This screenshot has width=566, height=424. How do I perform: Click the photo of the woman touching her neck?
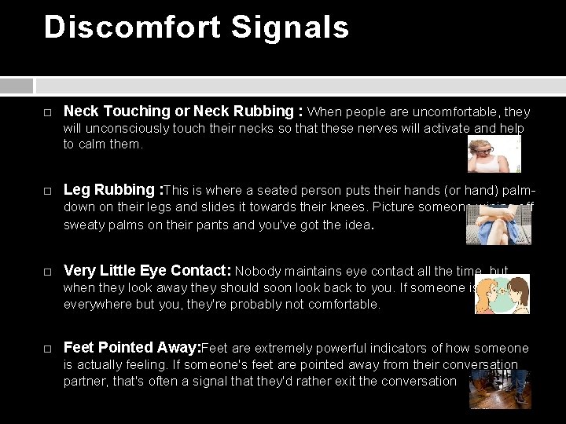(494, 153)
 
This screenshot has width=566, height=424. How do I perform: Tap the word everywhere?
(98, 304)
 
